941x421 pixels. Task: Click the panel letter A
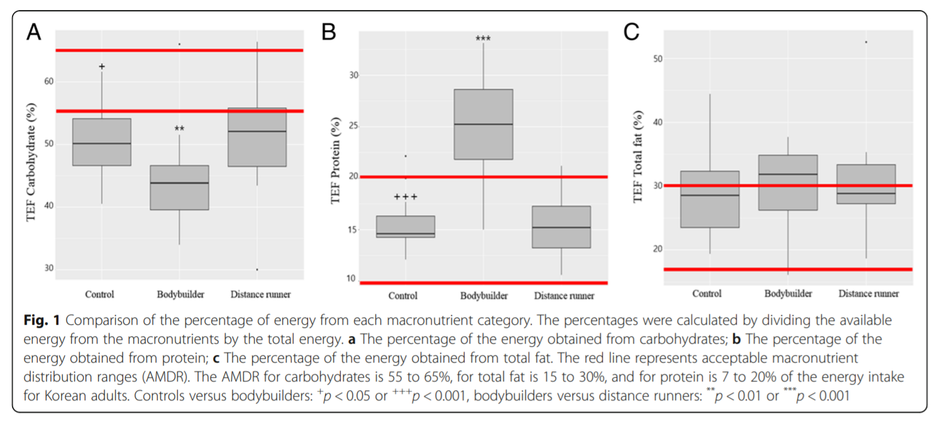pos(33,32)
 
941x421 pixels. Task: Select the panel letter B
pos(329,32)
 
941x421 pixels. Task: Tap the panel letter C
pos(631,32)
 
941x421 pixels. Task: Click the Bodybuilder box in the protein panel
pos(483,124)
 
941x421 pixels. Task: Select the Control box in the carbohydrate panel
pos(102,142)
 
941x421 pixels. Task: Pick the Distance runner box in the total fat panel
pos(866,184)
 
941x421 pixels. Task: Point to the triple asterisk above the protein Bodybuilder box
pos(483,39)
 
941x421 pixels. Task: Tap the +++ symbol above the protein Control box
pos(405,197)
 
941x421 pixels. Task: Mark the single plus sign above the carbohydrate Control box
pos(102,66)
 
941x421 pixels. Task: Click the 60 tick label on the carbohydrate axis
pos(48,81)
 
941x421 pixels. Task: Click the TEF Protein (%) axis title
pos(336,171)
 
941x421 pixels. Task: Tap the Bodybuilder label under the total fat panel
pos(788,293)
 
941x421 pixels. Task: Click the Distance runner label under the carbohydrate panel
pos(260,295)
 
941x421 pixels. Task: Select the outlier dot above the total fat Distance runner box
pos(866,42)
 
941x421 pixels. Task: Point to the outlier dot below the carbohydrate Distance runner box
pos(256,269)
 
